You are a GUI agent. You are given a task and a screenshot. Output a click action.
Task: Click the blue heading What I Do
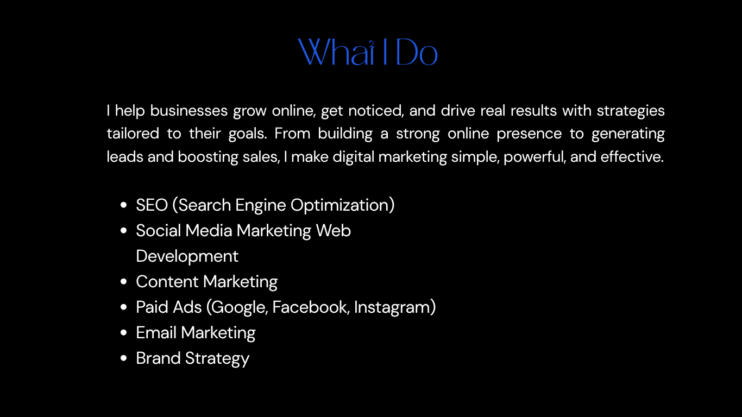coord(368,52)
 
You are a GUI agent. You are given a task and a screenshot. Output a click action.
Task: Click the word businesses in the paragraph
coord(188,111)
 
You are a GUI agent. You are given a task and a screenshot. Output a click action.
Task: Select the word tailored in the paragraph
coord(133,134)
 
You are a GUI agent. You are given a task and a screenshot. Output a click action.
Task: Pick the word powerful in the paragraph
coord(535,157)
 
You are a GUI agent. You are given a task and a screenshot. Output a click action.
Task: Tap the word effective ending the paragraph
coord(632,157)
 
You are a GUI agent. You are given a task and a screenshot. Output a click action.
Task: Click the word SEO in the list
coord(152,205)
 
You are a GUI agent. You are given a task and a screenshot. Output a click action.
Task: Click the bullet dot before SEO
coord(123,205)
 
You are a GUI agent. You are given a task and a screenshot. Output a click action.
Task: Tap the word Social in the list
coord(158,231)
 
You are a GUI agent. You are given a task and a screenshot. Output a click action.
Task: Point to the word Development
coord(187,257)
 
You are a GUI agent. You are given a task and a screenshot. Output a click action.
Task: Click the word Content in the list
coord(167,282)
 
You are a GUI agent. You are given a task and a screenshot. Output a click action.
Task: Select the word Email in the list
coord(156,332)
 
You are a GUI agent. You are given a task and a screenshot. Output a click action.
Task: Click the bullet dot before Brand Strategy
coord(123,358)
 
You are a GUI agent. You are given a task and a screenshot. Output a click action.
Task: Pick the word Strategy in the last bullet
coord(217,359)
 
